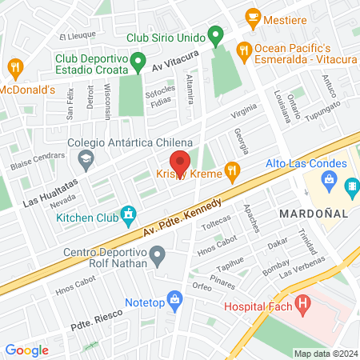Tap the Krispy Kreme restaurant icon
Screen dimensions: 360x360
pyautogui.click(x=233, y=169)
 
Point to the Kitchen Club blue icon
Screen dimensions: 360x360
pyautogui.click(x=127, y=214)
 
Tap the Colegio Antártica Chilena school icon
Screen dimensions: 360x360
pyautogui.click(x=84, y=160)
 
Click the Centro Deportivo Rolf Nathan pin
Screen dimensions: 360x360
pyautogui.click(x=158, y=258)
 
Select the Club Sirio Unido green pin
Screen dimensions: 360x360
pyautogui.click(x=214, y=35)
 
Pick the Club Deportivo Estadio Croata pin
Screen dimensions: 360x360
pyautogui.click(x=138, y=60)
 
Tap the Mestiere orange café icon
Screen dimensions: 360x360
pyautogui.click(x=253, y=15)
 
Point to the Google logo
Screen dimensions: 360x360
pyautogui.click(x=26, y=350)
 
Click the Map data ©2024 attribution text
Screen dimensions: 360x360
pyautogui.click(x=325, y=354)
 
